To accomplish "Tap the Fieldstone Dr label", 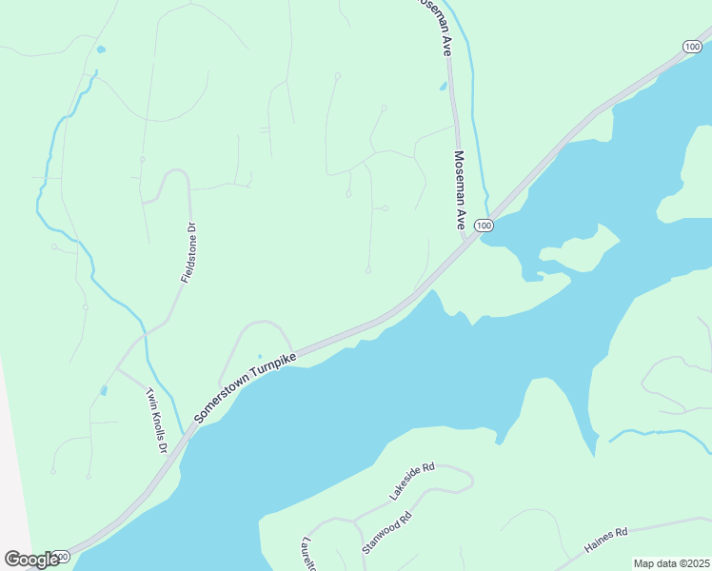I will (x=188, y=253).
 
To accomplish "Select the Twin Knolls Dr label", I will (x=157, y=420).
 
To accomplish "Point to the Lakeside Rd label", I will (x=411, y=482).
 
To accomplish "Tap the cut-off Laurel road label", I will (x=309, y=553).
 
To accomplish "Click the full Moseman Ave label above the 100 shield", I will (x=459, y=190).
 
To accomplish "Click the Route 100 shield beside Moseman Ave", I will (x=485, y=226).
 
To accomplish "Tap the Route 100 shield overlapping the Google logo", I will (x=61, y=556).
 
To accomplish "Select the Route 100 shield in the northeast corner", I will (x=692, y=47).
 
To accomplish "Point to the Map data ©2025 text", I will (x=671, y=563).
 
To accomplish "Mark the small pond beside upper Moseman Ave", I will (x=443, y=86).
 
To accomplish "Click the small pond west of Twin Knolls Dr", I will (x=103, y=389).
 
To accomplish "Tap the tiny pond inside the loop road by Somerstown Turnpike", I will (x=259, y=357).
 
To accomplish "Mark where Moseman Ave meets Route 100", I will (x=470, y=238).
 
